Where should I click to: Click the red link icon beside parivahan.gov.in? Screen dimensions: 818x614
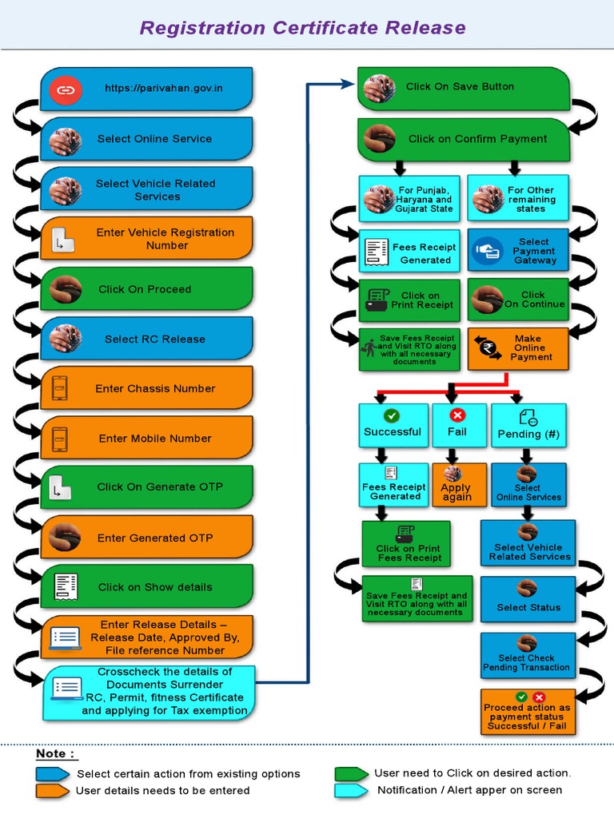click(x=66, y=89)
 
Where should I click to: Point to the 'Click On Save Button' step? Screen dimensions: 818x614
click(x=464, y=88)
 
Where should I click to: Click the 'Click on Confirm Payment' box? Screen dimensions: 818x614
click(x=464, y=139)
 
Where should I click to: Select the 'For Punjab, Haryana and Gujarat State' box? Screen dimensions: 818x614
click(x=409, y=199)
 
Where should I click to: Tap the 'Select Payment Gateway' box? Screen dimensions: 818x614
click(x=517, y=251)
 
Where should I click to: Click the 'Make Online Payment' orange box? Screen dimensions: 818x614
click(x=517, y=348)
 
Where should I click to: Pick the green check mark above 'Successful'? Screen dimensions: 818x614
click(x=392, y=415)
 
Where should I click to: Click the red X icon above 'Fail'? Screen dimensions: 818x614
click(x=457, y=415)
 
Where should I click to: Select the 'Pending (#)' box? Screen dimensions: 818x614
click(x=528, y=425)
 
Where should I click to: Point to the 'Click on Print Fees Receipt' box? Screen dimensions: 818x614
click(x=406, y=545)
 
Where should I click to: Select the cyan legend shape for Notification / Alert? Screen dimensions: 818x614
click(x=351, y=790)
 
